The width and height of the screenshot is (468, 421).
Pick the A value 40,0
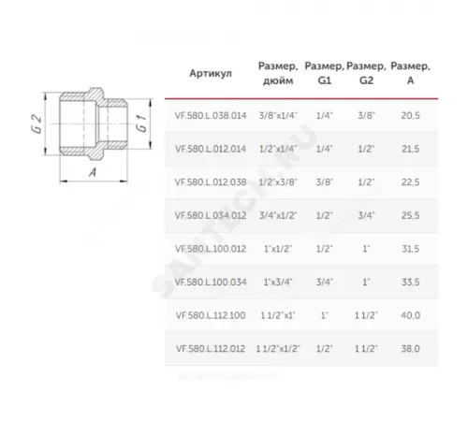(x=410, y=313)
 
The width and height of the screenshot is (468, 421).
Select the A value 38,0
(x=410, y=347)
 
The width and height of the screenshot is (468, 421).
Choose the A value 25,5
(x=410, y=214)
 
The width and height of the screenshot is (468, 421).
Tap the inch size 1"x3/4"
(x=276, y=280)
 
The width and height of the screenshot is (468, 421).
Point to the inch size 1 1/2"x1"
(x=276, y=313)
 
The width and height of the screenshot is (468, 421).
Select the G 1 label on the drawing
(x=139, y=123)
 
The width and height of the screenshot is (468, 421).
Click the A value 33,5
(x=410, y=280)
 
